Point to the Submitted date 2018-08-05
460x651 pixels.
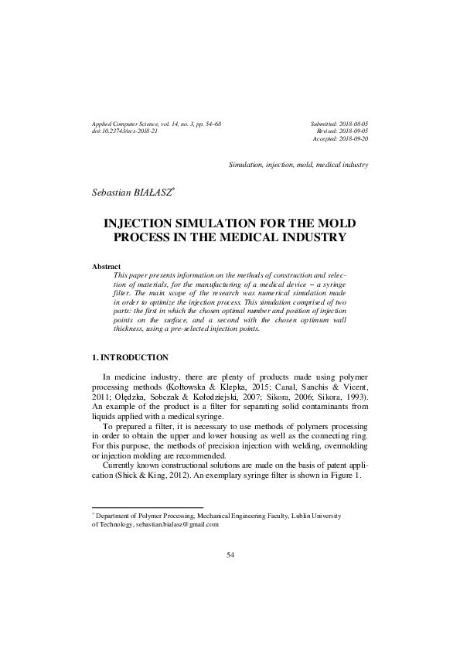coord(350,124)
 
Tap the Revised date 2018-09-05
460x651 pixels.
coord(350,132)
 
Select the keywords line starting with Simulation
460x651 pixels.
coord(298,165)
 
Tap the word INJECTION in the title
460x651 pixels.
coord(145,223)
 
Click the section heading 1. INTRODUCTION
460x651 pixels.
coord(129,357)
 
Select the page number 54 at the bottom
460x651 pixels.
coord(230,554)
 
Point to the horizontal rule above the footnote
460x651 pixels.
coord(136,506)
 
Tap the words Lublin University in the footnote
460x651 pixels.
coord(315,515)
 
